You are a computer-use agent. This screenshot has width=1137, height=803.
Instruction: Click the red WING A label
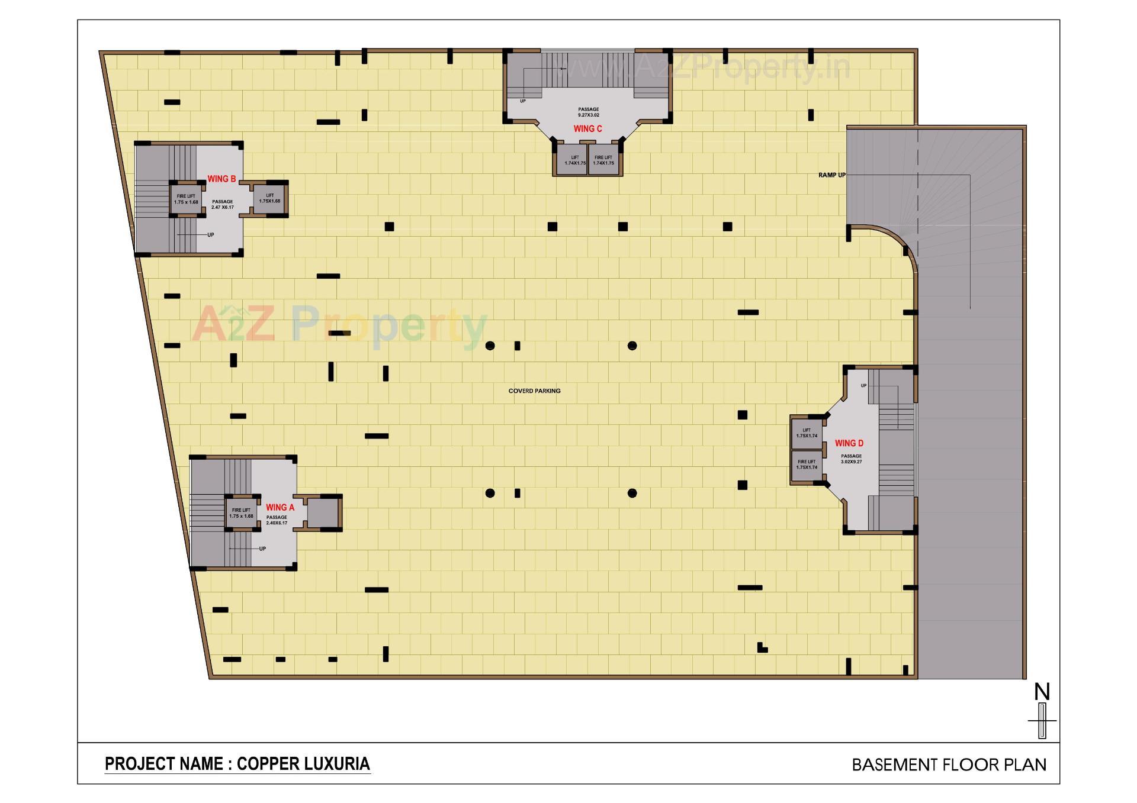(280, 507)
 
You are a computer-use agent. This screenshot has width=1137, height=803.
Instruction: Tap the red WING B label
(221, 179)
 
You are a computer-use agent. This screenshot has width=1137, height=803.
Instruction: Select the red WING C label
(587, 128)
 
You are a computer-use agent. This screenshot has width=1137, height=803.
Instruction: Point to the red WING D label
(849, 443)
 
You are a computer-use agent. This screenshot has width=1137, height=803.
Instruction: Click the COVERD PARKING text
(534, 391)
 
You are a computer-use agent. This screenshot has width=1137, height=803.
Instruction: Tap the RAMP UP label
(831, 175)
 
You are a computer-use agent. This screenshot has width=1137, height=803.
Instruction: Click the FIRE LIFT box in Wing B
(186, 199)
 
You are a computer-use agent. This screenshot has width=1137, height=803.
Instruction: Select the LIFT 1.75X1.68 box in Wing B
(269, 198)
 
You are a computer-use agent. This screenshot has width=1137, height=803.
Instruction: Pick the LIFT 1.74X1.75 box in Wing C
(574, 160)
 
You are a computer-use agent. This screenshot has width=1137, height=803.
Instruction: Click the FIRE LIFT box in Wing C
(603, 160)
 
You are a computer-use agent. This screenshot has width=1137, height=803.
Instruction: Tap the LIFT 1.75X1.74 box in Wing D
(807, 433)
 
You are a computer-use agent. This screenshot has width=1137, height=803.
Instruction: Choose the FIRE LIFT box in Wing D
(807, 464)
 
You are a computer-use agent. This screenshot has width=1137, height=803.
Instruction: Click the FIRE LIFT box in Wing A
(241, 512)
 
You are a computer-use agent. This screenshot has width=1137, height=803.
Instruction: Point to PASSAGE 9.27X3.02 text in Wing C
(588, 112)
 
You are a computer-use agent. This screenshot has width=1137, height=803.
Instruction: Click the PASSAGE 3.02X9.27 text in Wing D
(851, 459)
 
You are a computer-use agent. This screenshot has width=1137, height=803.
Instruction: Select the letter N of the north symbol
(1042, 692)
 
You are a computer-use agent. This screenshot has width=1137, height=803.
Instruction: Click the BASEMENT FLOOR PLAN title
(949, 765)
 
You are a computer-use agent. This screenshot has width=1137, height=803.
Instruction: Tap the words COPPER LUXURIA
(303, 764)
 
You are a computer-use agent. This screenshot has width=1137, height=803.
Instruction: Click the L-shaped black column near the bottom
(762, 647)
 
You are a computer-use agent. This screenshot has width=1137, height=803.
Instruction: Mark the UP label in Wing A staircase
(262, 549)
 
